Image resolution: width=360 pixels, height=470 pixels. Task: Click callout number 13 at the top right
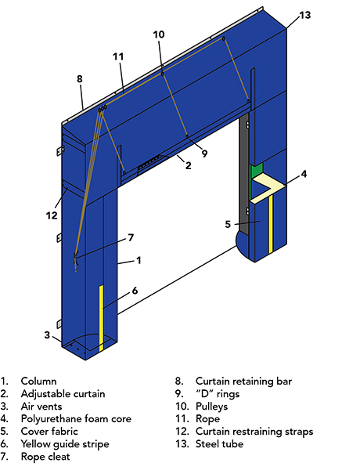(304, 15)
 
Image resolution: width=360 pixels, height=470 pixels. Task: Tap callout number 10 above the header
(159, 34)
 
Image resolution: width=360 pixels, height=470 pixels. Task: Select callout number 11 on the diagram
(118, 56)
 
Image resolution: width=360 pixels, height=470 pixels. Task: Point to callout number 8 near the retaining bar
(79, 79)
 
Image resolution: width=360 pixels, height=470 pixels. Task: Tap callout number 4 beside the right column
(304, 173)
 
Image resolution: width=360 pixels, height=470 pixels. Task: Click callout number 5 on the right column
(228, 224)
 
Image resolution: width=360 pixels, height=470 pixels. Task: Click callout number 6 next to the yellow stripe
(135, 290)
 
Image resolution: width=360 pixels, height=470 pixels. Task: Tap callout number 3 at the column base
(47, 335)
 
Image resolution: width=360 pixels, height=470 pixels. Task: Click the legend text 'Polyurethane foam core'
(76, 419)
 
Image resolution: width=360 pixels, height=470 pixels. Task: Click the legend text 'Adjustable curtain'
(63, 394)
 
